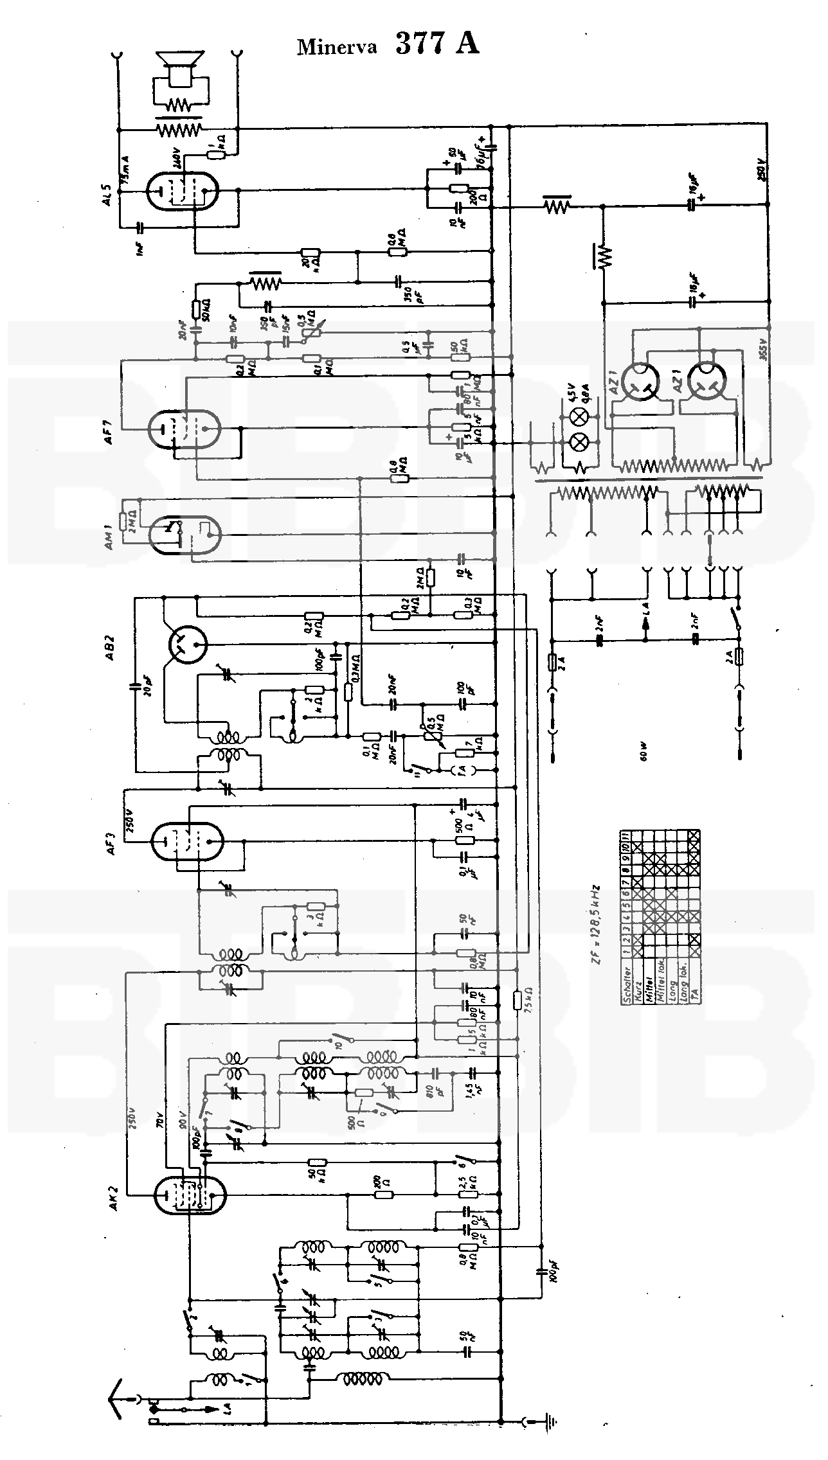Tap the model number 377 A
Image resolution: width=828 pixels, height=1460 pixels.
point(437,43)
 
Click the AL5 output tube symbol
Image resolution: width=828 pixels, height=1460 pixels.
point(182,190)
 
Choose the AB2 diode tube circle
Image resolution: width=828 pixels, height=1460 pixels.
point(187,645)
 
